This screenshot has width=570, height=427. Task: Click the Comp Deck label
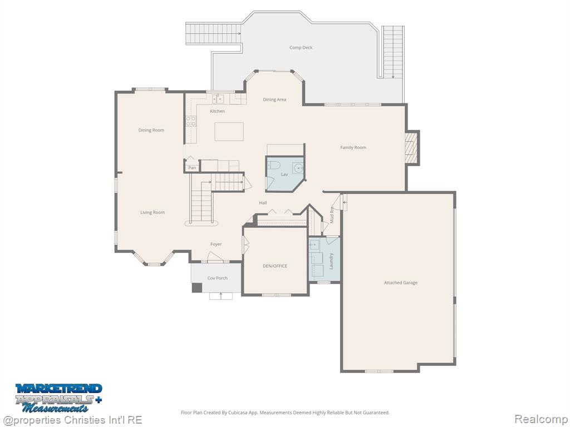point(301,48)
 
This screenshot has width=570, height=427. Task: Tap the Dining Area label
point(274,100)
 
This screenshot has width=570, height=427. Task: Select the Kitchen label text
point(218,111)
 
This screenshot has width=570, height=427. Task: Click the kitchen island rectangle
point(229,131)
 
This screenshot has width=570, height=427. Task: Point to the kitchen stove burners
point(191,121)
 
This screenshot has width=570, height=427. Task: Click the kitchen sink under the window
point(218,99)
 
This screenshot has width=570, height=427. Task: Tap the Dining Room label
point(151,130)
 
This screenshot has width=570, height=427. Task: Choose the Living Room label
point(153,212)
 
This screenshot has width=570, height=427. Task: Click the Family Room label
point(353,147)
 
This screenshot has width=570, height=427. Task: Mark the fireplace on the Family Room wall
point(412,148)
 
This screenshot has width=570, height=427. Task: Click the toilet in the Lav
point(273,165)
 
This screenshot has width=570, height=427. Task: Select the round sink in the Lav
point(298,168)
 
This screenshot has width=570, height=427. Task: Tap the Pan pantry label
point(192,168)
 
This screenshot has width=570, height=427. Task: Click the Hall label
point(263,203)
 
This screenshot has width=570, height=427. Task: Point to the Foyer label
point(216,245)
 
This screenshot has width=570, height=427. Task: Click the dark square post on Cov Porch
point(196,287)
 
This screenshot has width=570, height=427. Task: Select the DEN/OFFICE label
point(275,266)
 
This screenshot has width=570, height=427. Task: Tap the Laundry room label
point(331,261)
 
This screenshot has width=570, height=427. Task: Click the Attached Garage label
point(401,282)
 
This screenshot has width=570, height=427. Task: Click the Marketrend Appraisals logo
point(58,398)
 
